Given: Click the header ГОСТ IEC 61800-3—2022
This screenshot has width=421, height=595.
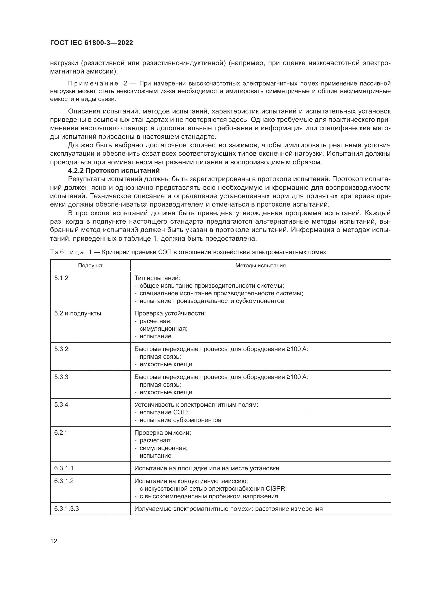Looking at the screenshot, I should pyautogui.click(x=91, y=43).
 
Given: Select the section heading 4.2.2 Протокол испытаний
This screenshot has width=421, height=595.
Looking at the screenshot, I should pyautogui.click(x=114, y=170).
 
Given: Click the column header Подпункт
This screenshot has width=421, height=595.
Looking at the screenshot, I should pyautogui.click(x=90, y=265).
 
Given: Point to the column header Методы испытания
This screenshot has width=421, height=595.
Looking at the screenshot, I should pyautogui.click(x=260, y=265).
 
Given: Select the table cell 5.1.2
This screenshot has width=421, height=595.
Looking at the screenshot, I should pyautogui.click(x=61, y=278).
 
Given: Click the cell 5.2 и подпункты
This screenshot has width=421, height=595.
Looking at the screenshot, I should pyautogui.click(x=78, y=313).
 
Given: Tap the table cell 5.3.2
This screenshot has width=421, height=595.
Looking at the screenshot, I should pyautogui.click(x=61, y=349).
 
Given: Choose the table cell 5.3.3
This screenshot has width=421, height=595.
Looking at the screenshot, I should pyautogui.click(x=61, y=377).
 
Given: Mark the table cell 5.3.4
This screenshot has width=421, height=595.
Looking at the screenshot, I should pyautogui.click(x=61, y=404).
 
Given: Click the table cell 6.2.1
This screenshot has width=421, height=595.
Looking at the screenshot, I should pyautogui.click(x=61, y=432).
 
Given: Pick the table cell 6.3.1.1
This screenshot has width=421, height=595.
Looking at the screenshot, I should pyautogui.click(x=64, y=468).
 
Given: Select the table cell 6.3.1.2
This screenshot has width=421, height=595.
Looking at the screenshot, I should pyautogui.click(x=64, y=481).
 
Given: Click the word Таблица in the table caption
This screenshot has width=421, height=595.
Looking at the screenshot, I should pyautogui.click(x=67, y=252).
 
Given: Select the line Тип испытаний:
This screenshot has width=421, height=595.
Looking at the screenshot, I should pyautogui.click(x=157, y=278).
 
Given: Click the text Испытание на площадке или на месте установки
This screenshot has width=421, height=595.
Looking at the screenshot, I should pyautogui.click(x=207, y=468).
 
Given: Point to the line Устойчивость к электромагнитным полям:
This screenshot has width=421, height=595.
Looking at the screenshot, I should pyautogui.click(x=196, y=404).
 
